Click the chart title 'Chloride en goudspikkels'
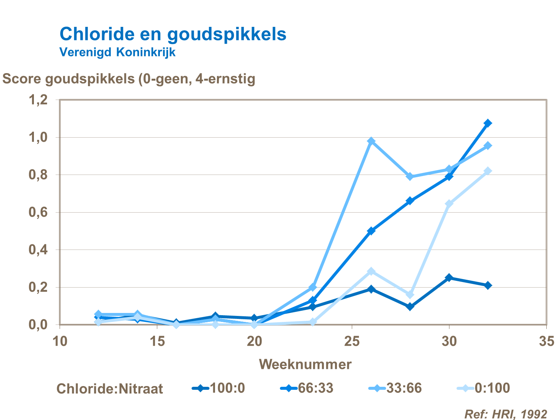coord(173,34)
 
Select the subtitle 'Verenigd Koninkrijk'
coord(117,52)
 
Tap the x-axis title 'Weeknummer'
coord(305,364)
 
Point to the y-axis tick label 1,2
coord(38,100)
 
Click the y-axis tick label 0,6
coord(38,212)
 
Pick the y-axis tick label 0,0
coord(38,325)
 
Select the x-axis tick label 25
coord(352,341)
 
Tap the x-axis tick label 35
coord(546,341)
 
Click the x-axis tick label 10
coord(60,341)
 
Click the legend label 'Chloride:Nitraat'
coord(110,389)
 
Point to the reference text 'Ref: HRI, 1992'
coord(505,414)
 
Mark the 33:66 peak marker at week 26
coord(371,141)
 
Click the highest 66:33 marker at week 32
coord(488,123)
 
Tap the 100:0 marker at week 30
coord(449,278)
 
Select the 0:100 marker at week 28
coord(410,295)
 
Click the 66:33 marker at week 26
coord(371,231)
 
